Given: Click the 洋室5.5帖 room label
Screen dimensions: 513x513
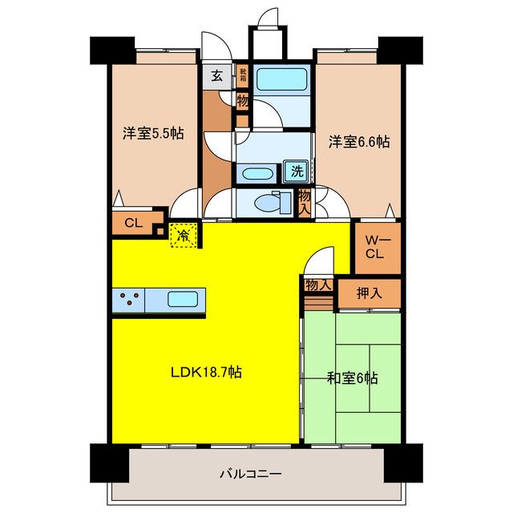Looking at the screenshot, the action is [x=153, y=134].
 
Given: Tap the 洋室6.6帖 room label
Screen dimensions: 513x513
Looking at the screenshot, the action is [x=359, y=143].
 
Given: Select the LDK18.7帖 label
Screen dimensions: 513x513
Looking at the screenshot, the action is [x=207, y=372].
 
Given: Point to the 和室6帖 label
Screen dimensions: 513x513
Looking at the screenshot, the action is [x=353, y=378].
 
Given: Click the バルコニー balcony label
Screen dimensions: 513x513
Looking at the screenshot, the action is [x=250, y=474].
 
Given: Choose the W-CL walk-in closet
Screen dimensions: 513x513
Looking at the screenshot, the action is [x=378, y=248].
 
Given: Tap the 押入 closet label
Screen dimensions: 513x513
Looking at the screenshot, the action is [x=369, y=293].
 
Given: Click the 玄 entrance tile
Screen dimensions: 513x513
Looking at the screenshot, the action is [x=217, y=77].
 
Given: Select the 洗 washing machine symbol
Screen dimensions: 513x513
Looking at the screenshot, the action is [x=296, y=171].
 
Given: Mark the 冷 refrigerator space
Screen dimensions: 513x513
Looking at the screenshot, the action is [x=184, y=235].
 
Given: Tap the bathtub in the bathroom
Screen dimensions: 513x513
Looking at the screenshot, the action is [x=281, y=79].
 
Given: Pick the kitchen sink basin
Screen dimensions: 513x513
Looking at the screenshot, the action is [x=183, y=299].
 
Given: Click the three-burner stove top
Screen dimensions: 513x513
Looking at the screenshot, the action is [x=128, y=300].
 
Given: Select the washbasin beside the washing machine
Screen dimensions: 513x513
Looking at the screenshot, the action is [x=256, y=174].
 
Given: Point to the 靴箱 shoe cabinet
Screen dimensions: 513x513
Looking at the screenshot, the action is [x=243, y=75].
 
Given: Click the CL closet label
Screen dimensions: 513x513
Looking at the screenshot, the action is [x=134, y=223].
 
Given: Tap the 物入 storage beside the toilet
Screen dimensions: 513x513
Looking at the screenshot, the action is [x=304, y=203].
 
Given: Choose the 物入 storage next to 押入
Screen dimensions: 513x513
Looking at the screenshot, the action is [x=319, y=285].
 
